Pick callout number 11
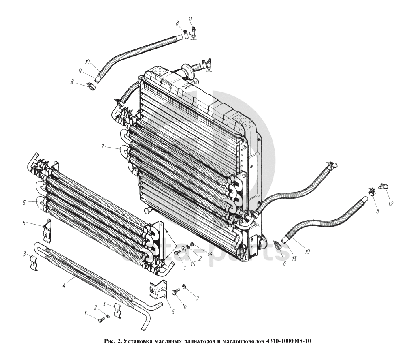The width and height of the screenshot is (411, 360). point(190,19)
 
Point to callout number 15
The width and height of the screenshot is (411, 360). point(187,264)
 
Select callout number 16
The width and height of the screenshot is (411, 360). point(184,306)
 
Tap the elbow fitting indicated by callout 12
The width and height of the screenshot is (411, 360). point(383,186)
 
